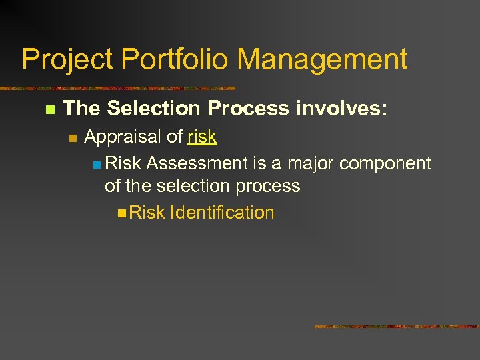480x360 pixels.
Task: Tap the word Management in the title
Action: [x=323, y=59]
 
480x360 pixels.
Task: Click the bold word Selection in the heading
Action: [x=152, y=108]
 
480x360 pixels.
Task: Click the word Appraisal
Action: [x=123, y=137]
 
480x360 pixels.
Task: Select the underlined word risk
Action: [x=202, y=137]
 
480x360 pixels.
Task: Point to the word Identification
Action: [x=223, y=213]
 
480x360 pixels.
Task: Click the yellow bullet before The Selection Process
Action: [x=47, y=109]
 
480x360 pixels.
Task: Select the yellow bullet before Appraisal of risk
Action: [x=73, y=138]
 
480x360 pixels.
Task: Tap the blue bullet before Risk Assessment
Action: [x=97, y=164]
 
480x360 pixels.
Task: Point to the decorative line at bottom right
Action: [x=397, y=327]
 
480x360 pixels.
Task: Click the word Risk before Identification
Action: [x=147, y=213]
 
